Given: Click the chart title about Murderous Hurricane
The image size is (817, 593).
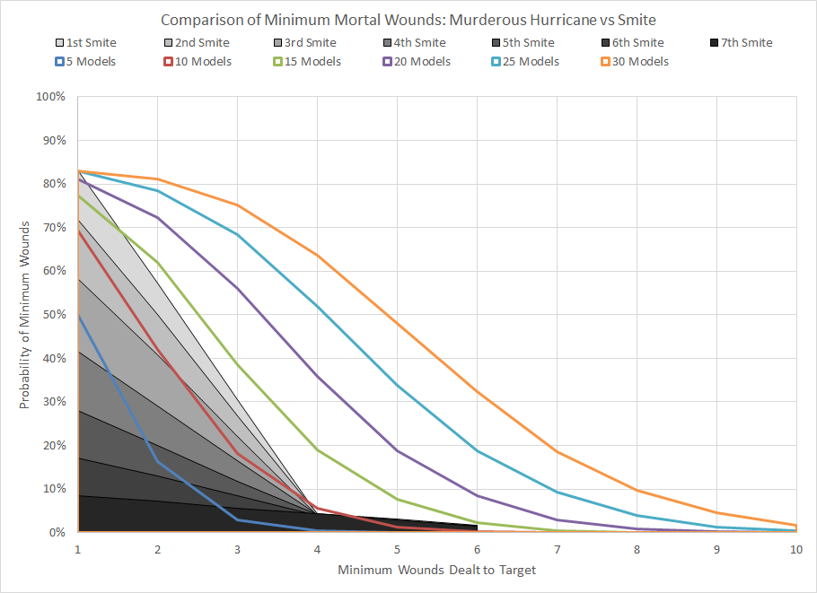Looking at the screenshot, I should [x=408, y=20].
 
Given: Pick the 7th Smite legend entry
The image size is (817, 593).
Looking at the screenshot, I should [x=741, y=42].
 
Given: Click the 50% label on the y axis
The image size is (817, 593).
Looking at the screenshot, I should [x=54, y=314].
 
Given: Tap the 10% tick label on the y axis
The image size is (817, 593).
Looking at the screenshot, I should [x=54, y=489].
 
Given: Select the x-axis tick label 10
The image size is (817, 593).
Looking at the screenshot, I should [x=796, y=548].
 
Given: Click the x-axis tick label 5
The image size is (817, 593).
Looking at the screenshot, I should [x=397, y=548].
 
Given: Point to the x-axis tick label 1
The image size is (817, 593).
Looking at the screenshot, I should [x=78, y=548].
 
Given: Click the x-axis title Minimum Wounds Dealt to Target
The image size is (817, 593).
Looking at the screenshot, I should [x=437, y=570].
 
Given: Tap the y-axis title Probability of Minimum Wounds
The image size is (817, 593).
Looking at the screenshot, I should [x=25, y=314].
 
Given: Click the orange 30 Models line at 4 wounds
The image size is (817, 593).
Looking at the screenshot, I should [x=317, y=255].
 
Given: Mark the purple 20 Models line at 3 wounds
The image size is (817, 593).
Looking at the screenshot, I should [x=237, y=287].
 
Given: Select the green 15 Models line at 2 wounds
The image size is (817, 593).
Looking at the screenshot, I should [x=157, y=262].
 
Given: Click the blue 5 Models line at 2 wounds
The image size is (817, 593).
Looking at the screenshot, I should [x=157, y=462].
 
